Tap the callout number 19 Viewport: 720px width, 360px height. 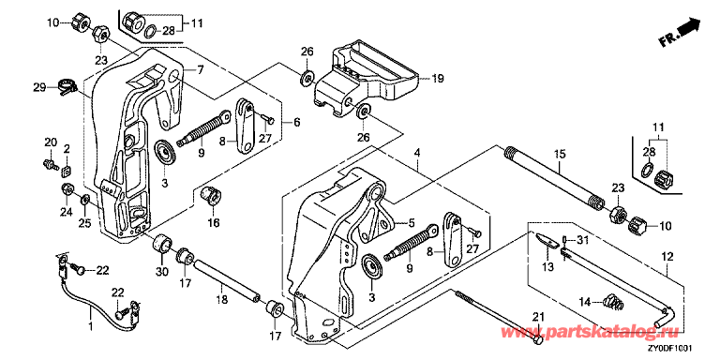pos(437,79)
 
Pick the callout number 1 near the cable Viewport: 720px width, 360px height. pos(90,327)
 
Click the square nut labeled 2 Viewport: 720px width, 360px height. pos(67,172)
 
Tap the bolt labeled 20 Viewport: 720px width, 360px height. pos(48,162)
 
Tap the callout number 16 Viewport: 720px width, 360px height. pos(214,223)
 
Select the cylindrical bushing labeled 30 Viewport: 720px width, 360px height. pos(162,244)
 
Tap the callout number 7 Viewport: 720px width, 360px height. pos(200,70)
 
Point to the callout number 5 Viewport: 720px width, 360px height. pos(412,223)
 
